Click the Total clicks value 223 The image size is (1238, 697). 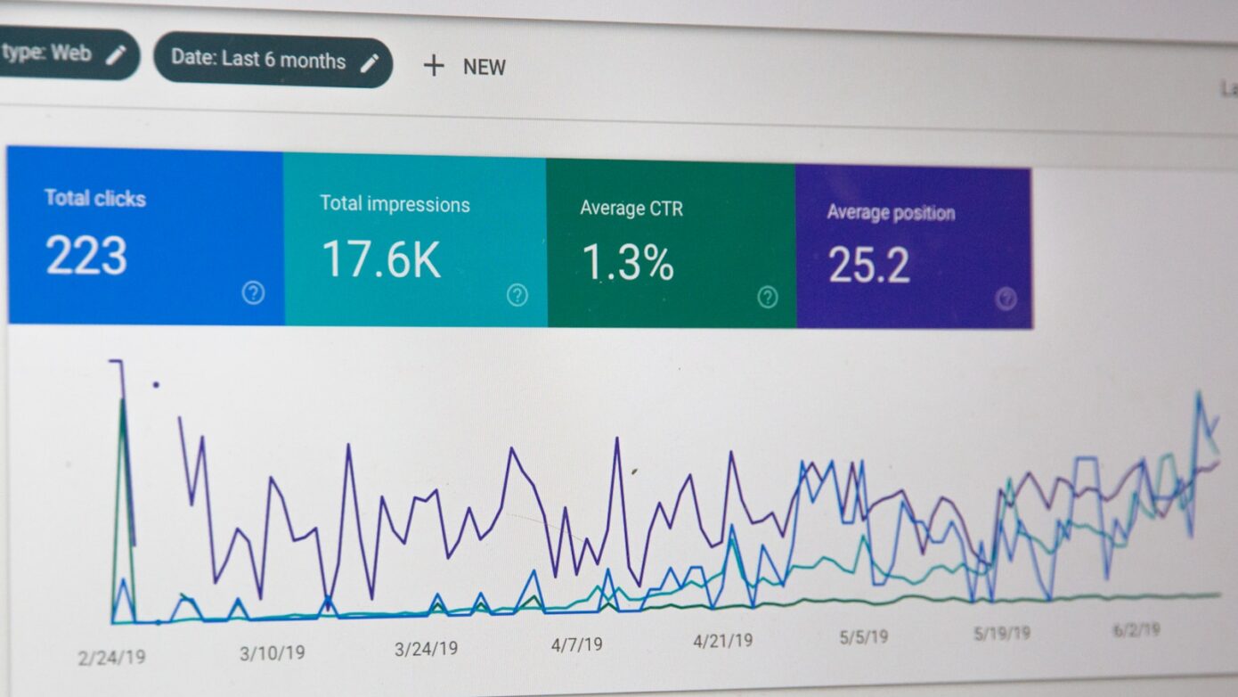pyautogui.click(x=86, y=256)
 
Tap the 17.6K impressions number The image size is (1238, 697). pyautogui.click(x=381, y=259)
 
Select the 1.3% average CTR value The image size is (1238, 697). pyautogui.click(x=628, y=263)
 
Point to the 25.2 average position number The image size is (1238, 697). pyautogui.click(x=868, y=266)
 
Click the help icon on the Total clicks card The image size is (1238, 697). pyautogui.click(x=254, y=292)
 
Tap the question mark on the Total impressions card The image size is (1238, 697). pyautogui.click(x=517, y=295)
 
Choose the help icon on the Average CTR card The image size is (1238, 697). pyautogui.click(x=768, y=297)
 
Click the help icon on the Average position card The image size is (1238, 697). pyautogui.click(x=1006, y=299)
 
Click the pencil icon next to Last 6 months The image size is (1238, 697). pyautogui.click(x=370, y=62)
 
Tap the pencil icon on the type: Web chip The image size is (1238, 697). pyautogui.click(x=116, y=55)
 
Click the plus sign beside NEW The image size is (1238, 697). pyautogui.click(x=434, y=65)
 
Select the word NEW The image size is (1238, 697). pyautogui.click(x=485, y=67)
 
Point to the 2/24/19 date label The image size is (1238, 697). pyautogui.click(x=111, y=658)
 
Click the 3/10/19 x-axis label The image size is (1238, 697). pyautogui.click(x=272, y=653)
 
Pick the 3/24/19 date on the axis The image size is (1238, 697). pyautogui.click(x=427, y=649)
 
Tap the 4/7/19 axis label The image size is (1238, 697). pyautogui.click(x=577, y=644)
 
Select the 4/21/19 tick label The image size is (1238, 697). pyautogui.click(x=723, y=640)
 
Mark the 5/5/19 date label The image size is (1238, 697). pyautogui.click(x=863, y=637)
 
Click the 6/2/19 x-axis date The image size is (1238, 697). pyautogui.click(x=1136, y=630)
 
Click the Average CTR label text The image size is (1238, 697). pyautogui.click(x=631, y=209)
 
